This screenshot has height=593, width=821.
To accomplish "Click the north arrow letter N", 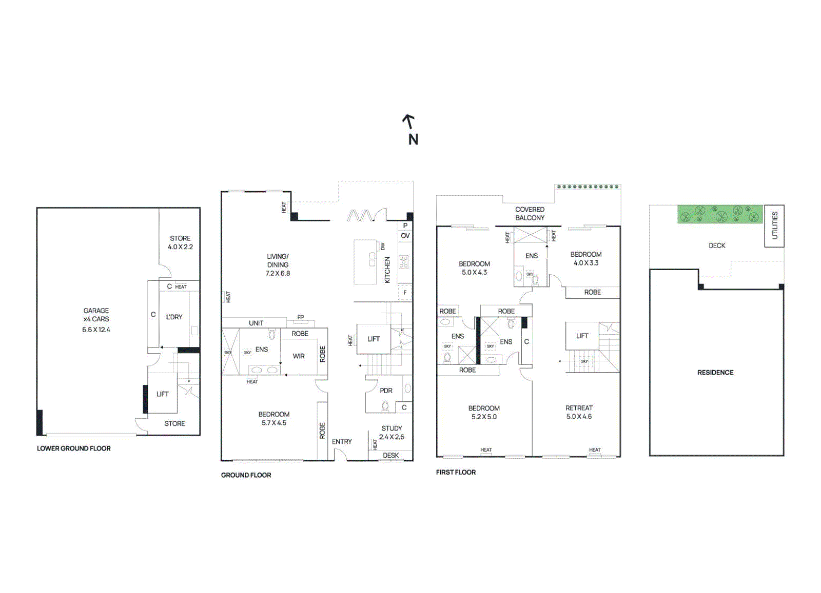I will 413,139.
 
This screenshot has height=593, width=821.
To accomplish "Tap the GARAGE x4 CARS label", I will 96,315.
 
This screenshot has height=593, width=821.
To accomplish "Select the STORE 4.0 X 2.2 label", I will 180,242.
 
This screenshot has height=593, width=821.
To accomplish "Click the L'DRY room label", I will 174,317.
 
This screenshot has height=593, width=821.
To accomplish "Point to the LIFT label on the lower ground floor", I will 162,394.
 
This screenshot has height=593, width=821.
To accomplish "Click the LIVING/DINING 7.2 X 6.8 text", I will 278,264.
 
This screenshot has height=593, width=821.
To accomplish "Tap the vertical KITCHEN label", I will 387,270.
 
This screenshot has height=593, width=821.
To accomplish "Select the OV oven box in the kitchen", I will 405,236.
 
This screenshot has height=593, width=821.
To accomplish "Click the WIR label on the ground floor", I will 299,356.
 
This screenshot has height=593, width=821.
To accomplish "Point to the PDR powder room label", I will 386,391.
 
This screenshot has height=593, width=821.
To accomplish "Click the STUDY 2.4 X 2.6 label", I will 392,433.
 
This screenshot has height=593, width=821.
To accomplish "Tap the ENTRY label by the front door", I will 342,442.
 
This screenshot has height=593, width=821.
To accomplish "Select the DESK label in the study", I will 390,455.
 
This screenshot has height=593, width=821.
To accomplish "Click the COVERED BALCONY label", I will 530,214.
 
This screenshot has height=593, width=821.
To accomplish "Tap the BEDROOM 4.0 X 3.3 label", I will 585,258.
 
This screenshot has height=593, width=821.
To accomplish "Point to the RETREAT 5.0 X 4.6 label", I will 579,412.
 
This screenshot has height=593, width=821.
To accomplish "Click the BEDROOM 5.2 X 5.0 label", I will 484,413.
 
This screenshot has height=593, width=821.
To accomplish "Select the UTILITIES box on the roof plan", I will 774,226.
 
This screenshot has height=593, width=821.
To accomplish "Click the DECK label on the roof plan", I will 717,246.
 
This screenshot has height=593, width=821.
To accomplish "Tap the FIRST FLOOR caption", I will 456,472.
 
